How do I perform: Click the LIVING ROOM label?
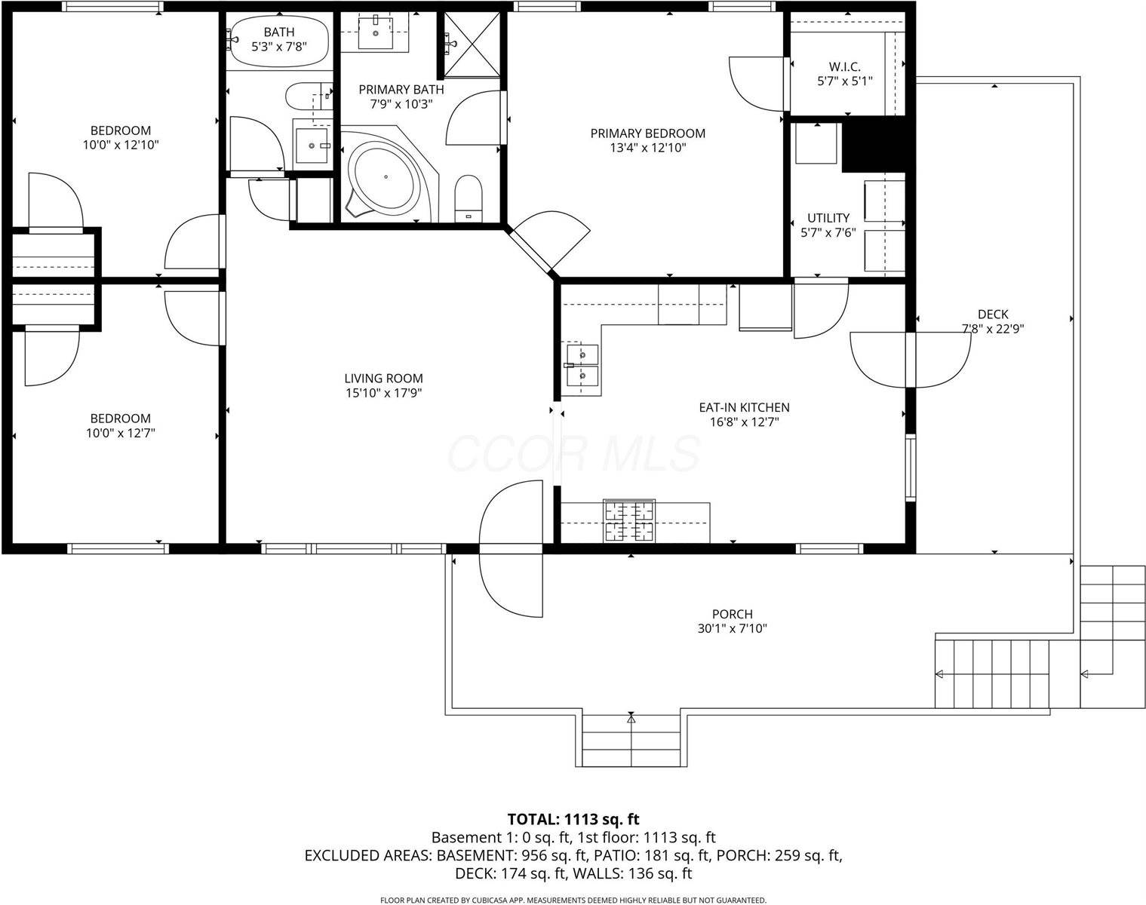(383, 379)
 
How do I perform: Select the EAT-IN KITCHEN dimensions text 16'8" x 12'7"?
(743, 422)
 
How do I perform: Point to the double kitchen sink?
(582, 365)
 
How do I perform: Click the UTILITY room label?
(828, 218)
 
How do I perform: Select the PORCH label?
(732, 615)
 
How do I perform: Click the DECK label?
(992, 314)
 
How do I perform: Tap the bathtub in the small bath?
(279, 41)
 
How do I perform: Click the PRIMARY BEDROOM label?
(647, 133)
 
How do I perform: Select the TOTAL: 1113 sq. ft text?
(573, 819)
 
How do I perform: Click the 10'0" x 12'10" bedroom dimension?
(121, 145)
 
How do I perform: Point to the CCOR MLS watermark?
(573, 453)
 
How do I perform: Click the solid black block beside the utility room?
(873, 146)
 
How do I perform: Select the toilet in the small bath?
(305, 97)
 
